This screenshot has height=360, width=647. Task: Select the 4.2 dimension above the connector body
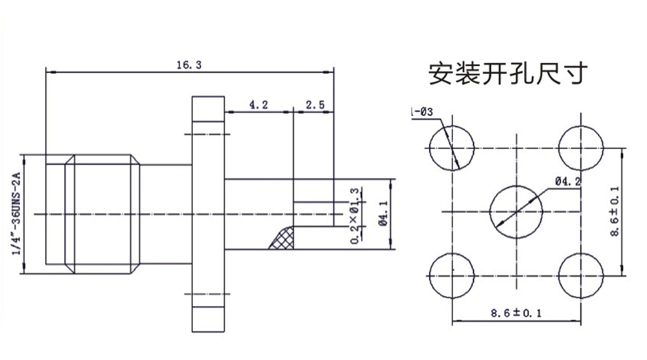[258, 104]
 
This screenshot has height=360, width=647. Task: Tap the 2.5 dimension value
[315, 104]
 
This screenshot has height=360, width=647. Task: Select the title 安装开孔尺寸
[508, 74]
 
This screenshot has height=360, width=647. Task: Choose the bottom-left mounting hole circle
[452, 274]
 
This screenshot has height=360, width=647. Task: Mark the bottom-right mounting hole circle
[580, 274]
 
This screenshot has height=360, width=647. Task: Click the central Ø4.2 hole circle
[516, 210]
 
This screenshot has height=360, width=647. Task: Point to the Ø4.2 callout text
[567, 181]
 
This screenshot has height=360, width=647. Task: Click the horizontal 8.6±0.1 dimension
[516, 313]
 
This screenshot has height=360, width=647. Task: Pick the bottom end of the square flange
[207, 317]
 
